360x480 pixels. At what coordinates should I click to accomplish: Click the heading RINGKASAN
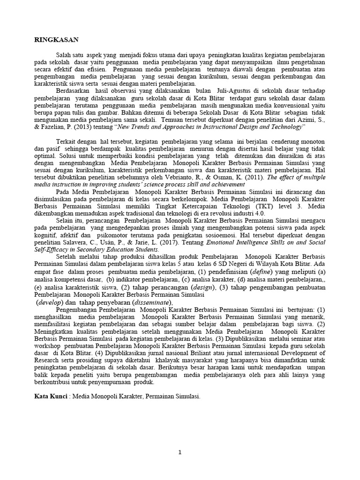coord(55,40)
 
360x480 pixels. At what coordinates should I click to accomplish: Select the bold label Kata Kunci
coord(51,397)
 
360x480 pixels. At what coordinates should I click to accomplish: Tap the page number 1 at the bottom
coord(180,452)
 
